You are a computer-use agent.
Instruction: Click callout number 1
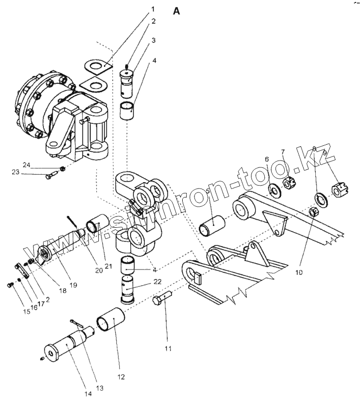tap(153, 9)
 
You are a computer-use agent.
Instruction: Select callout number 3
tap(153, 40)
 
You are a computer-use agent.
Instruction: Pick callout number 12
tap(121, 377)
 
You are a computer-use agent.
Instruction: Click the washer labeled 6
tap(273, 188)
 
